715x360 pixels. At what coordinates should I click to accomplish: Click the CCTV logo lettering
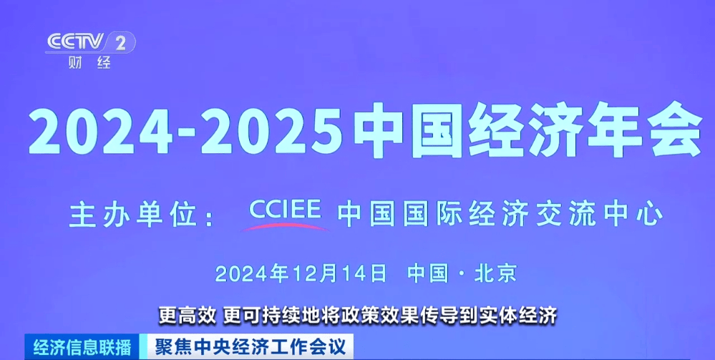click(x=75, y=42)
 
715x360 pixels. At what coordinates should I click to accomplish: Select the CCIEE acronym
click(x=286, y=210)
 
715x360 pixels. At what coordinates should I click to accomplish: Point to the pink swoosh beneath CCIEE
click(x=286, y=225)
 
